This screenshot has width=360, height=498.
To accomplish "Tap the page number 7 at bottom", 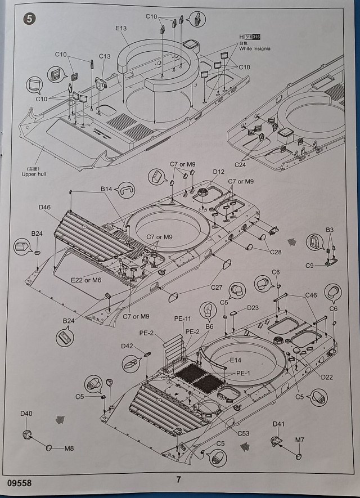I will (x=178, y=480).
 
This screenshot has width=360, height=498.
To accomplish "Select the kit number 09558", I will (x=20, y=483).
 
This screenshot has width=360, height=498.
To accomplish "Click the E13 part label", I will (x=121, y=28).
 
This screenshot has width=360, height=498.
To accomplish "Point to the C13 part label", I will (x=105, y=57).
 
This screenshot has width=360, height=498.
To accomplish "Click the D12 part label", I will (x=219, y=171).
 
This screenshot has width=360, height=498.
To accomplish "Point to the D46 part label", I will (x=45, y=208).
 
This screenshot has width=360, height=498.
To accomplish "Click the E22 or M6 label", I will (x=87, y=280).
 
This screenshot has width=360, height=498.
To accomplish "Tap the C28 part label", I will (x=275, y=252).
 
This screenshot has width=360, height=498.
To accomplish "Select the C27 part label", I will (x=217, y=288).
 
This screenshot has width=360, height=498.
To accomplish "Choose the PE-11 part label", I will (x=183, y=319).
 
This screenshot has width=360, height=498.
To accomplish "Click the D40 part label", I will (x=26, y=414).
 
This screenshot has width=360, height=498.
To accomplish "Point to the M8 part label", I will (x=69, y=448).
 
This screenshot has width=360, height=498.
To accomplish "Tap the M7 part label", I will (x=300, y=439).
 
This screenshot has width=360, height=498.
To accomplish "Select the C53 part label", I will (x=243, y=433).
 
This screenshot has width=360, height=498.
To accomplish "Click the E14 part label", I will (x=236, y=361).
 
